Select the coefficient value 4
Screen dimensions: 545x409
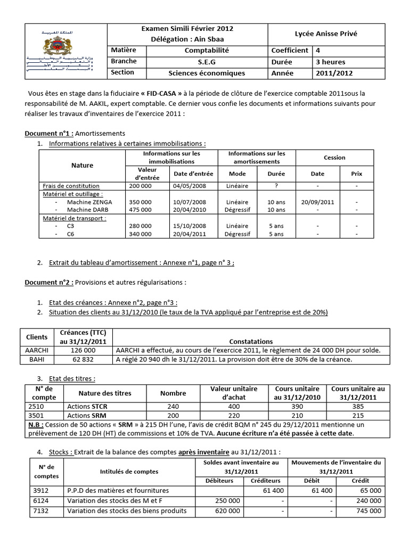(x=318, y=51)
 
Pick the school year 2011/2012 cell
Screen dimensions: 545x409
(x=334, y=73)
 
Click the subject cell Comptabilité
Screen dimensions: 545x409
(x=207, y=51)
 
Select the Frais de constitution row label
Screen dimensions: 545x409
(x=71, y=186)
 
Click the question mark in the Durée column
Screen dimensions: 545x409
(x=277, y=186)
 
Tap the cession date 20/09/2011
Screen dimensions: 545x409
(x=317, y=202)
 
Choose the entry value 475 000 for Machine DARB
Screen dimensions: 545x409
(x=140, y=210)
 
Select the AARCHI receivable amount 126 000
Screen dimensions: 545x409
(x=83, y=350)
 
